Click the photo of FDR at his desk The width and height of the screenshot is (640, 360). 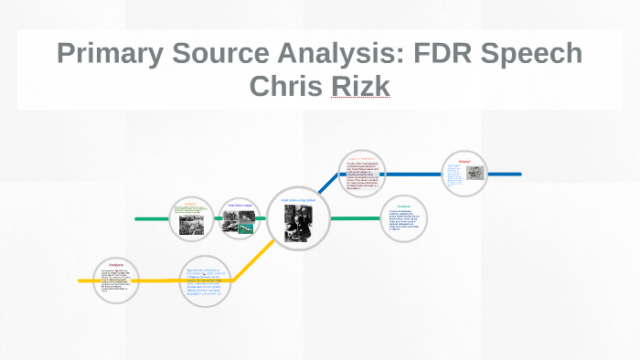[299, 222]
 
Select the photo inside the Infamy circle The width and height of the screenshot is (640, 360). [475, 173]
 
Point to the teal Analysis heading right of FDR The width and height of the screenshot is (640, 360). [404, 206]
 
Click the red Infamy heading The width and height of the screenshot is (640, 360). [464, 159]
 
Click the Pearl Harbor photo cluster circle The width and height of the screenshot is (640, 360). [239, 219]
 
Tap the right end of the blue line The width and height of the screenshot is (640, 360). [519, 174]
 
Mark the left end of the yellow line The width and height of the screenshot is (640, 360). [80, 281]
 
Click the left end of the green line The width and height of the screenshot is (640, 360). [137, 219]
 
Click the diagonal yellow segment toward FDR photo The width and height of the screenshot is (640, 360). [254, 260]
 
